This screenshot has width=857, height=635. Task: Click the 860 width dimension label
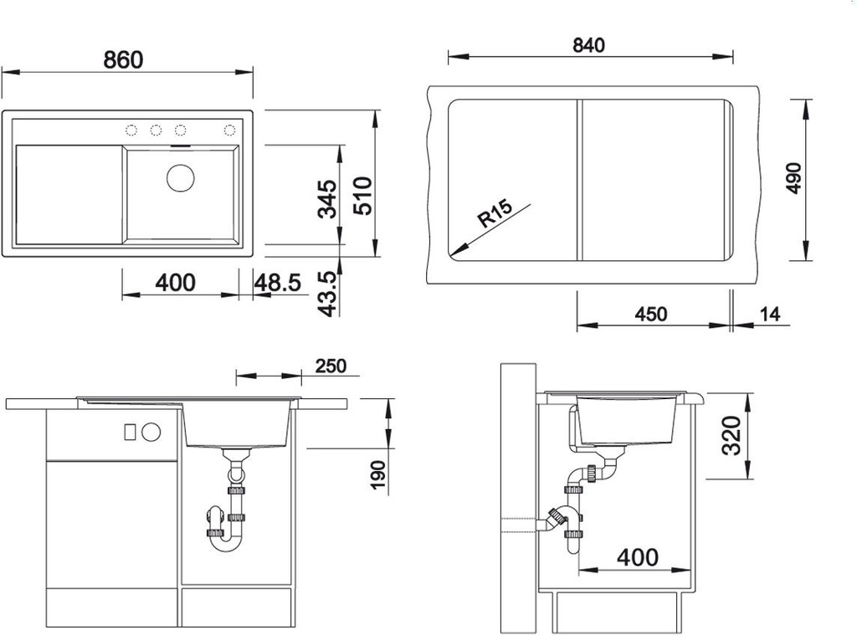(124, 59)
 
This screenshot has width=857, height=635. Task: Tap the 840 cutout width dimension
(588, 45)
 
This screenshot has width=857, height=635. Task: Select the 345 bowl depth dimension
(327, 199)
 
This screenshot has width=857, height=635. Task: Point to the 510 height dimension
(362, 195)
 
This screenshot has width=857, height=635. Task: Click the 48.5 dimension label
(278, 283)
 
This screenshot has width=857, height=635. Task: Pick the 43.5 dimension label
(328, 294)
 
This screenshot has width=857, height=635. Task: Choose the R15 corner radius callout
(495, 213)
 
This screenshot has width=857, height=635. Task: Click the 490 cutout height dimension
(794, 178)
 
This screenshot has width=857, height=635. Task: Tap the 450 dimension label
(651, 315)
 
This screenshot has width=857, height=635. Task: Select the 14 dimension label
(770, 315)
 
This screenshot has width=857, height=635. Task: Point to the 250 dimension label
(331, 366)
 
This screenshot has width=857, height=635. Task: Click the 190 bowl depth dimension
(378, 475)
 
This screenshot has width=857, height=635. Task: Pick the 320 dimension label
(731, 436)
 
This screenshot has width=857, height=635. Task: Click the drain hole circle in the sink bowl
(181, 177)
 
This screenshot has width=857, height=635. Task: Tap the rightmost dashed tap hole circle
(229, 130)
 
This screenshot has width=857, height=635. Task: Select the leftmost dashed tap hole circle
(131, 130)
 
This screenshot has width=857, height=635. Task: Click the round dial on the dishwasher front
(151, 432)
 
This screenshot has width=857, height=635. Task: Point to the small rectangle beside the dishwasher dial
(130, 432)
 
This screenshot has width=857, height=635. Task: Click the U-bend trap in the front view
(225, 543)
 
